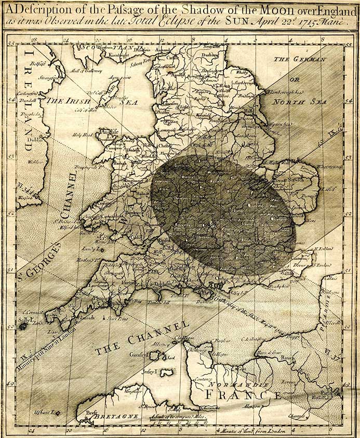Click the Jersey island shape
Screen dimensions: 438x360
pos(166,373)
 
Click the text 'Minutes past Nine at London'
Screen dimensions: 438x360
pos(52,348)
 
